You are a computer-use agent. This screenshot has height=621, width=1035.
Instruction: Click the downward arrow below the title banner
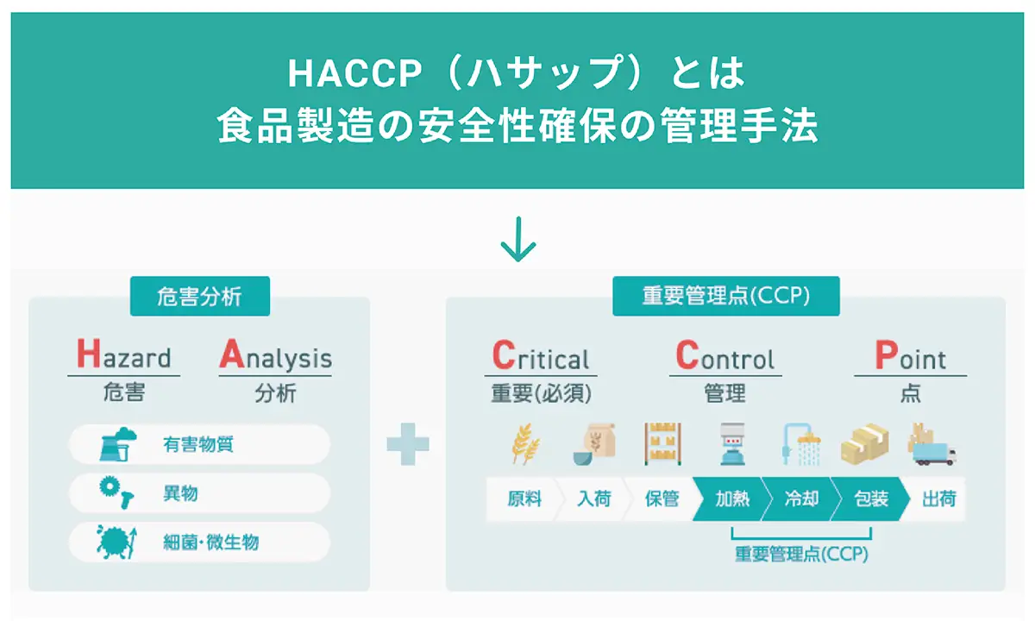click(518, 239)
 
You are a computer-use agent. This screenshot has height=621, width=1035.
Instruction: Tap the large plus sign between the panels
click(408, 444)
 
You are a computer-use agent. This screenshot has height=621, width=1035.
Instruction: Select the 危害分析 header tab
click(200, 296)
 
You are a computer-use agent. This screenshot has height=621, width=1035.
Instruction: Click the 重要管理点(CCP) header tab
click(726, 296)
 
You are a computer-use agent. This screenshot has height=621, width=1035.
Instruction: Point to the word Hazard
click(124, 354)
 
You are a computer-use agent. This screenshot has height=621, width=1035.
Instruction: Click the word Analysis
click(275, 354)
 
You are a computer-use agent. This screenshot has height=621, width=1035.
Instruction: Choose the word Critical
click(541, 354)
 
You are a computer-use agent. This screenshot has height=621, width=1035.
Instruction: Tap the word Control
click(725, 354)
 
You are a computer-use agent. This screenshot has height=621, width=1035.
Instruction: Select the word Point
click(910, 354)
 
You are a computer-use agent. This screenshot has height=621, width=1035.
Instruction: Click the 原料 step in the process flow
click(524, 499)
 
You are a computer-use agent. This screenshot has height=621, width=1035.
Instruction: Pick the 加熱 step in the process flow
click(732, 499)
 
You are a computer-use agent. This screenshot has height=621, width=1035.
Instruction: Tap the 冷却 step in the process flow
click(801, 499)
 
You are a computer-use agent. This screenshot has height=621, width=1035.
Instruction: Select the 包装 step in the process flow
click(871, 499)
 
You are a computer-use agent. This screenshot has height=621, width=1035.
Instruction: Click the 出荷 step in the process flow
click(939, 499)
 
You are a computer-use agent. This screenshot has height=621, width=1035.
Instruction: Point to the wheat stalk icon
click(525, 443)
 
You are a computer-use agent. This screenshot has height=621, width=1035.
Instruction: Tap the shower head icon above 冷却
click(801, 444)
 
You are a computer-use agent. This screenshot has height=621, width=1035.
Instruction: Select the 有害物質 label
click(198, 444)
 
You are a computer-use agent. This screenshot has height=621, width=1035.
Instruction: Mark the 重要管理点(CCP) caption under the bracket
click(801, 554)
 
